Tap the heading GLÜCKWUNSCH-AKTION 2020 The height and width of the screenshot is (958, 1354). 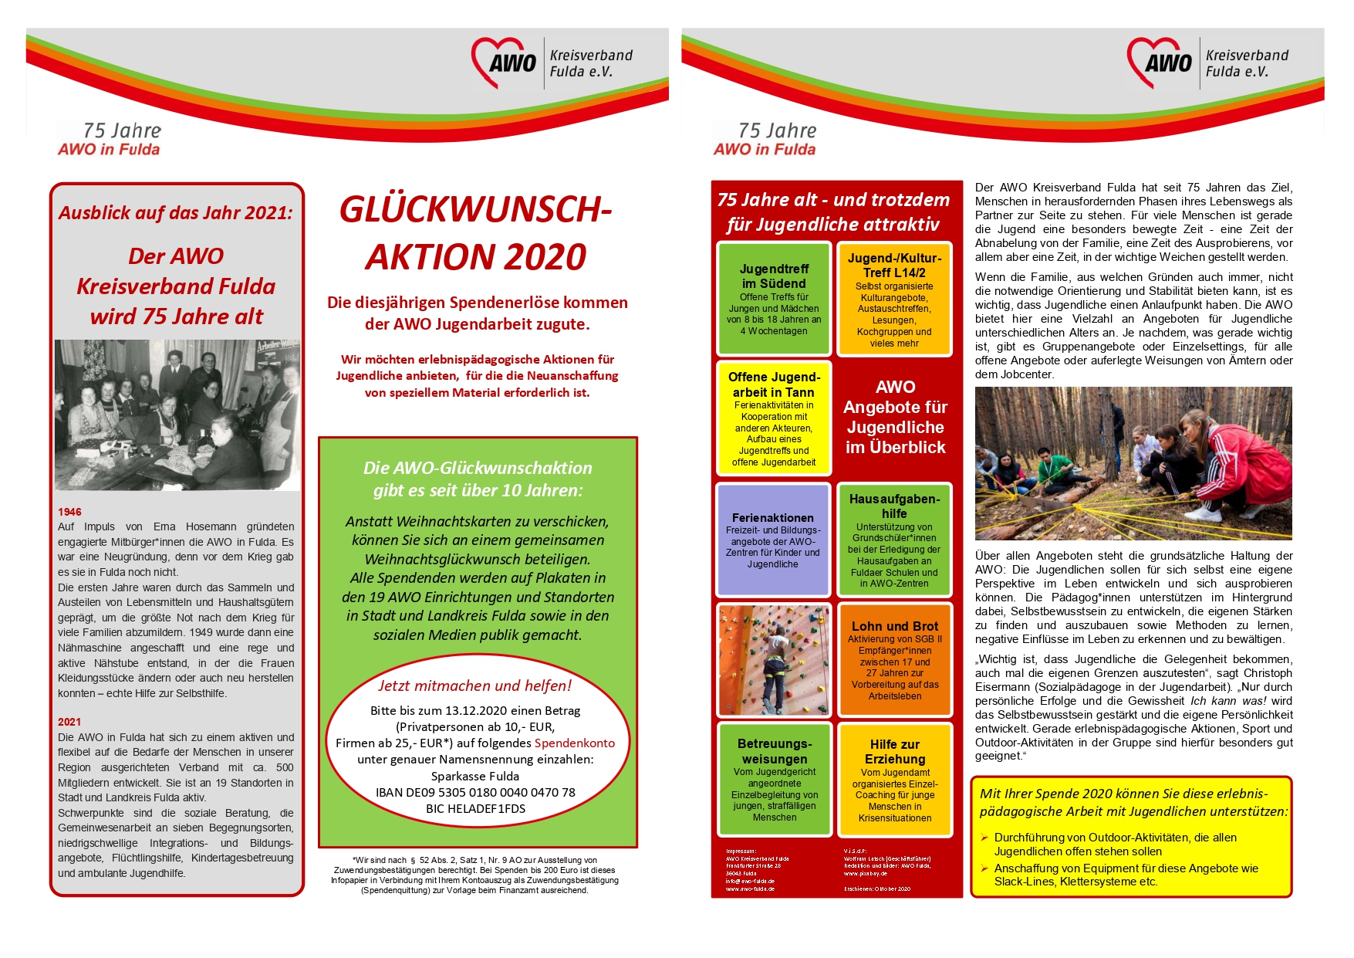coord(476,233)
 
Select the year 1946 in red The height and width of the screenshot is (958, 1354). coord(69,512)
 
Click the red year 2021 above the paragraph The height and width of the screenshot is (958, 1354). coord(69,722)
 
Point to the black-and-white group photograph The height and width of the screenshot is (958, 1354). coord(177,415)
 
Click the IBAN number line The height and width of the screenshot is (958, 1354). coord(475,792)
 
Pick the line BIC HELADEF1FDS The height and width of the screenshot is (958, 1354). coord(475,808)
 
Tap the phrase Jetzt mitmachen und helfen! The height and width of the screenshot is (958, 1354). coord(474,685)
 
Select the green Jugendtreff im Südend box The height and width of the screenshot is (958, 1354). coord(774,298)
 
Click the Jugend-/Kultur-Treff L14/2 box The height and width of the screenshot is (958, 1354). coord(894,299)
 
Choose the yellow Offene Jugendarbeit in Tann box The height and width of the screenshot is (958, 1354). coord(774,418)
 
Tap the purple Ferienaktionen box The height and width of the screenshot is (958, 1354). coord(773,540)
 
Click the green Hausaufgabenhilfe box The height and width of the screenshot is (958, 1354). coord(894,540)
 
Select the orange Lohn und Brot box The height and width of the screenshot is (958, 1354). coord(894,660)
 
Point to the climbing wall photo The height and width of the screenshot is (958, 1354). coord(773,660)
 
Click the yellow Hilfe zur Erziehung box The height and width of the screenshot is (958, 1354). coord(894,780)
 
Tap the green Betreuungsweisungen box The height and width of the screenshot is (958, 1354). coord(774,780)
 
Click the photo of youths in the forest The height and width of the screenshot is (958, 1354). coord(1133,463)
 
